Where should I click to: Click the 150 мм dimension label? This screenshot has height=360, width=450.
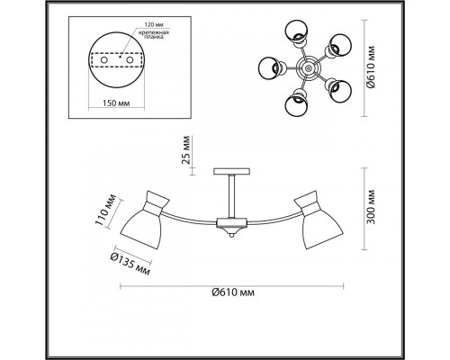116,103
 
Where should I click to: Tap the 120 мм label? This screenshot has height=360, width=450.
154,24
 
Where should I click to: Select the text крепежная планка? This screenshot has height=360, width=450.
154,35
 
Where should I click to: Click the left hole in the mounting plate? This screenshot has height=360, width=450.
104,60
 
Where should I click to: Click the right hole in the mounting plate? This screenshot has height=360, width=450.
130,60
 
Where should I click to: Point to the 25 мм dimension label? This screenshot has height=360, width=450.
186,150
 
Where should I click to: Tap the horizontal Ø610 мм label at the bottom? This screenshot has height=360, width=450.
233,292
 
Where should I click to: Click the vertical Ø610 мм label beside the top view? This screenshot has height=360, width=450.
371,67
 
